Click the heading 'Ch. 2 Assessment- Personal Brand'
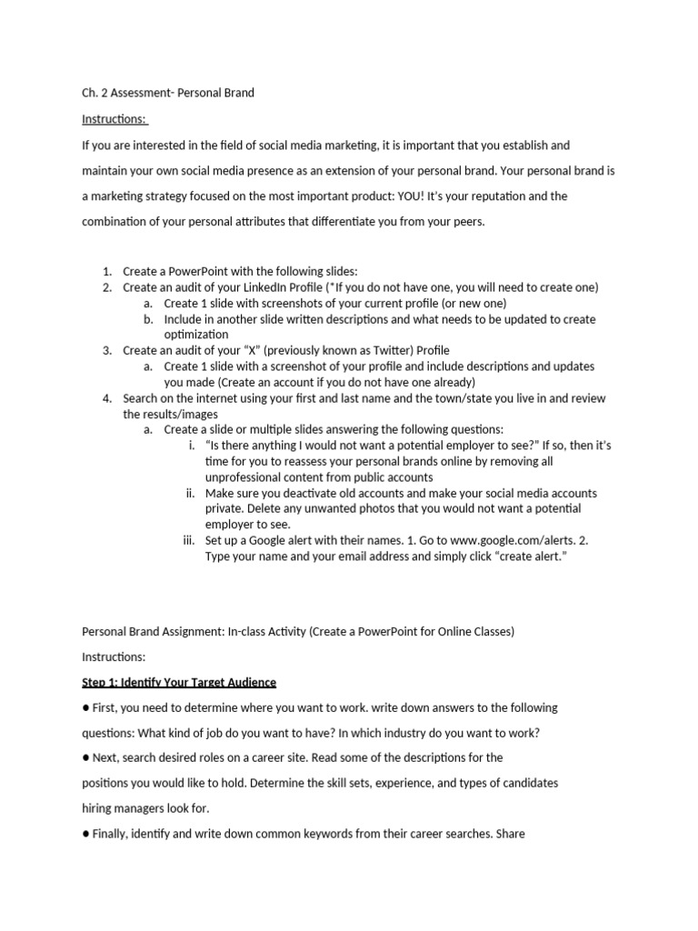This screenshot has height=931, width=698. pyautogui.click(x=168, y=93)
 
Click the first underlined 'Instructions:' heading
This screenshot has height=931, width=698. pyautogui.click(x=115, y=119)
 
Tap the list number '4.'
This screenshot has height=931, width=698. pyautogui.click(x=106, y=398)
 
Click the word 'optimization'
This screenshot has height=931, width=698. pyautogui.click(x=196, y=335)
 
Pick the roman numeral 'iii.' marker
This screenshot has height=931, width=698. pyautogui.click(x=189, y=540)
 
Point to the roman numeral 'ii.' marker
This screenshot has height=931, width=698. pyautogui.click(x=191, y=493)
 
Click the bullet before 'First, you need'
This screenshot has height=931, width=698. pyautogui.click(x=86, y=707)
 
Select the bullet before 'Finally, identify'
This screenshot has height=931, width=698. pyautogui.click(x=86, y=833)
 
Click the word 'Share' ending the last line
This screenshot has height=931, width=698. pyautogui.click(x=509, y=833)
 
